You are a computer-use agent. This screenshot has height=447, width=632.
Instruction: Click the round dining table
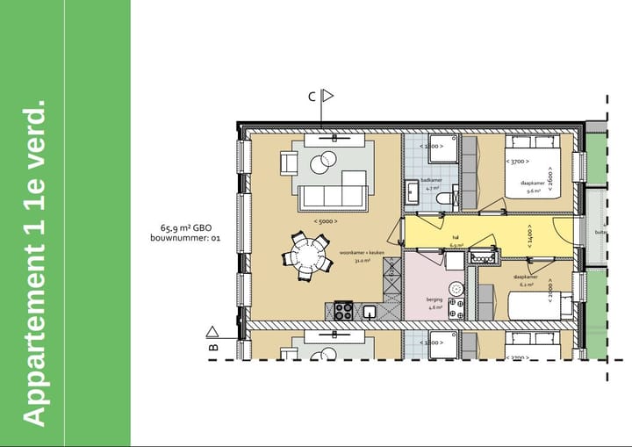pos(308,256)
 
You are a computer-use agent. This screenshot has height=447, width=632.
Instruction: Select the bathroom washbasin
pos(413,189)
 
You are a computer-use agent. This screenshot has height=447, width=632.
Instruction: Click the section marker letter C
pos(311,97)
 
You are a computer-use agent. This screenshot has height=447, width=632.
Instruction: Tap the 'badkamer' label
pos(431,179)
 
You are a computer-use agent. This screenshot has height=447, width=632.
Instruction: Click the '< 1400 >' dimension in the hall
pos(529,234)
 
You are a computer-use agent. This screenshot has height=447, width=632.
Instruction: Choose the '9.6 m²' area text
pos(532,190)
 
